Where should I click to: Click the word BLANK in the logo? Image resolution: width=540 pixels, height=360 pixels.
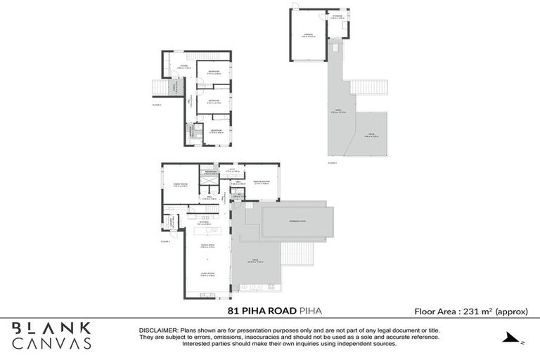(x=51, y=328)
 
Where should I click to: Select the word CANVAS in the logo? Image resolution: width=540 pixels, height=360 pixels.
(x=51, y=343)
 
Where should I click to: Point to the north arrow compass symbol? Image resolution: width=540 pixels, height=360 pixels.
(x=514, y=340)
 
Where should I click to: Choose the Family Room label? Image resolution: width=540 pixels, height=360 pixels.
(x=180, y=185)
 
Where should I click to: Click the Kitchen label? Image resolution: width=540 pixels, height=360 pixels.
(x=203, y=222)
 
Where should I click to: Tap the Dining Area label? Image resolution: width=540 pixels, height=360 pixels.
(x=207, y=245)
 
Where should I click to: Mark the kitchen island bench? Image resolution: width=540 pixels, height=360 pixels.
(x=207, y=231)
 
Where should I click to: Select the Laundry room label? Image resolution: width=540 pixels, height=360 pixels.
(x=170, y=223)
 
